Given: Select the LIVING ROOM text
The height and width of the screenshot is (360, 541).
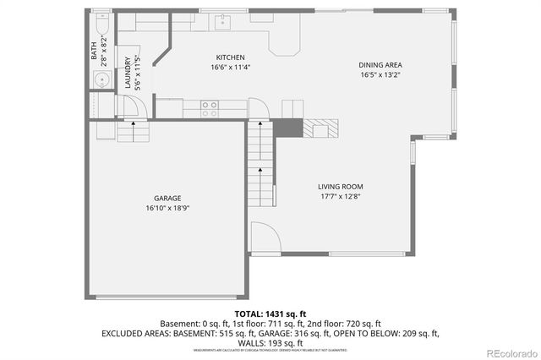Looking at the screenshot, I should click(340, 187).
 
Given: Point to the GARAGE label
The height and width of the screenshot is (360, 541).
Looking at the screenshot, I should click(167, 198).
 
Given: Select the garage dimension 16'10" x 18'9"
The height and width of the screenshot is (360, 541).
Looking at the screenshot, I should click(167, 208).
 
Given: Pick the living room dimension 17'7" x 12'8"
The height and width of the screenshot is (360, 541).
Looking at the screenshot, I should click(340, 197).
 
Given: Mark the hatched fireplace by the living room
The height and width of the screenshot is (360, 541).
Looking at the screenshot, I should click(321, 128).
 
